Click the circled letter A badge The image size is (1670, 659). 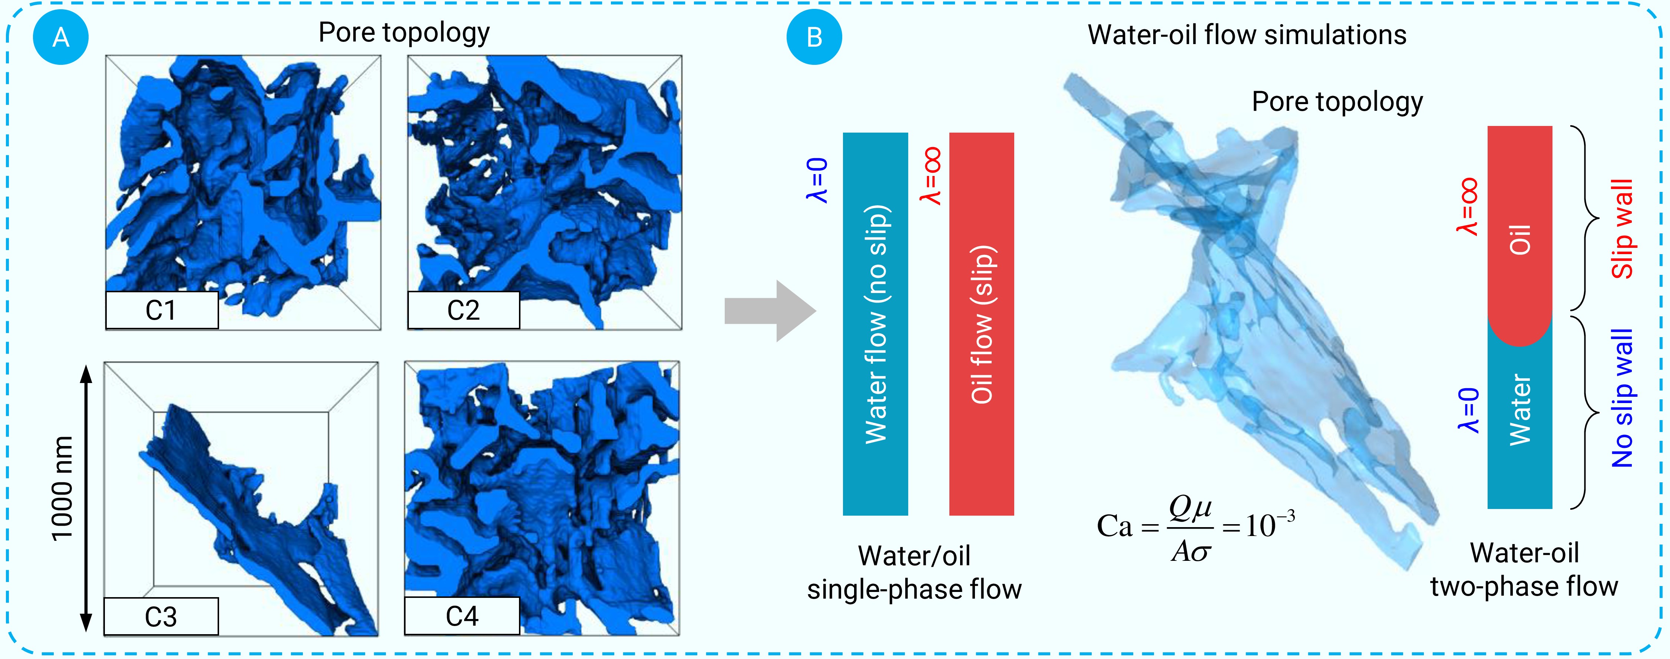(60, 37)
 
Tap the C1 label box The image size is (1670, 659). (161, 310)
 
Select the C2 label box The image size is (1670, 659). (463, 310)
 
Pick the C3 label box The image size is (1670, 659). (161, 616)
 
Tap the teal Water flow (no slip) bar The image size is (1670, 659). (875, 324)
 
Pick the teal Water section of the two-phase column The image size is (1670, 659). (1519, 421)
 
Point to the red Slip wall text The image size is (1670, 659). (1623, 229)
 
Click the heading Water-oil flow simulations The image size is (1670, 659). (1247, 34)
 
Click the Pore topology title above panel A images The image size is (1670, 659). (404, 32)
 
